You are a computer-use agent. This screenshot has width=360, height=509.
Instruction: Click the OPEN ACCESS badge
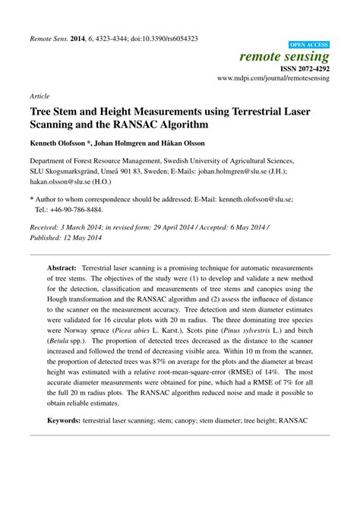310,45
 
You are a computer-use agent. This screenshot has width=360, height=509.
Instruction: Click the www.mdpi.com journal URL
273,77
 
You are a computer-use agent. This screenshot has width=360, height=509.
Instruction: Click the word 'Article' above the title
40,96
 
